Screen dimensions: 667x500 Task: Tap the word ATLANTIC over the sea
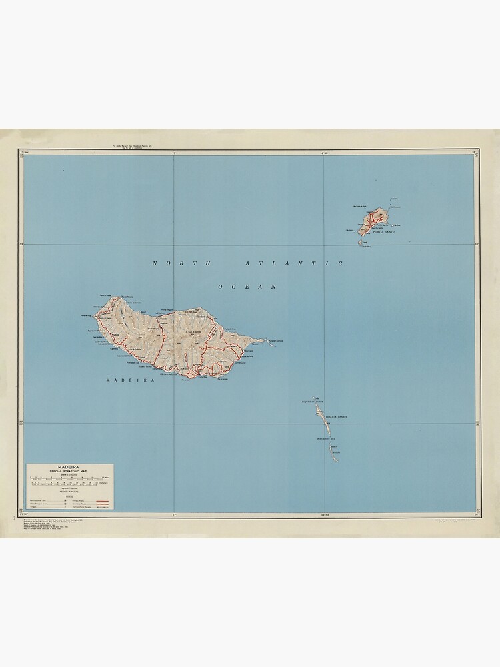[294, 263]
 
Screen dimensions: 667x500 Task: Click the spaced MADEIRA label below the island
[130, 380]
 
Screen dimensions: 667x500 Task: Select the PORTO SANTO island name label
[384, 231]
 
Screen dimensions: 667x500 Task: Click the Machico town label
[249, 350]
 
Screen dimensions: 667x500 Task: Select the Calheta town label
[115, 348]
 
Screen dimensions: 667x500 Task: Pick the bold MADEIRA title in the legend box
[70, 467]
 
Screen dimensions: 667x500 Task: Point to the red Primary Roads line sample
[102, 498]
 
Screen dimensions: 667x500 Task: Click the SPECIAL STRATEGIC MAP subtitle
[70, 472]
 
